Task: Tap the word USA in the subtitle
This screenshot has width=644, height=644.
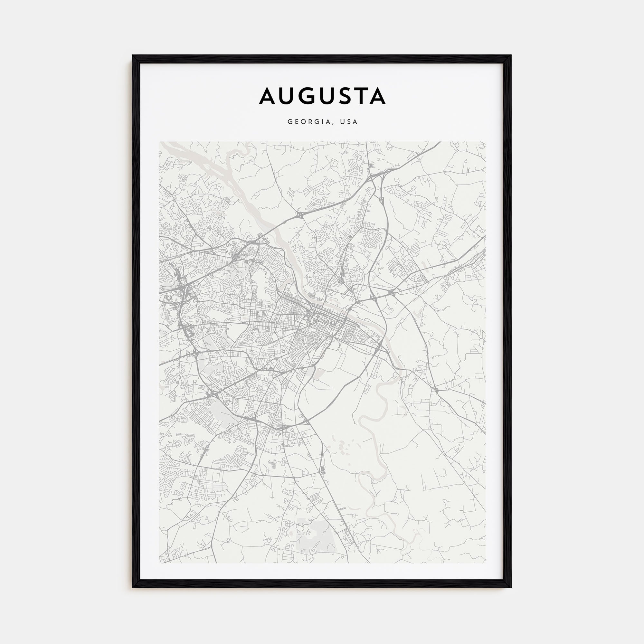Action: (x=349, y=122)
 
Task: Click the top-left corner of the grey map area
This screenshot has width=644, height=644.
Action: (x=160, y=142)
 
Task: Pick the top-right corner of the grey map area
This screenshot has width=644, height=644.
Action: (x=485, y=142)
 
